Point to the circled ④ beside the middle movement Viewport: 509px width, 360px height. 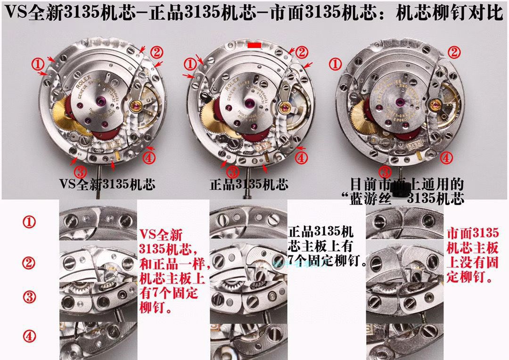(x=302, y=158)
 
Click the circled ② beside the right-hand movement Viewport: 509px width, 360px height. (x=454, y=52)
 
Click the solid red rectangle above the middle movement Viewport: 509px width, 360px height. (x=254, y=45)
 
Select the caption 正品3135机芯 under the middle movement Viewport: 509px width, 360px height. (x=249, y=184)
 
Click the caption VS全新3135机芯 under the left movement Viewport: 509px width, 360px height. (x=107, y=184)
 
